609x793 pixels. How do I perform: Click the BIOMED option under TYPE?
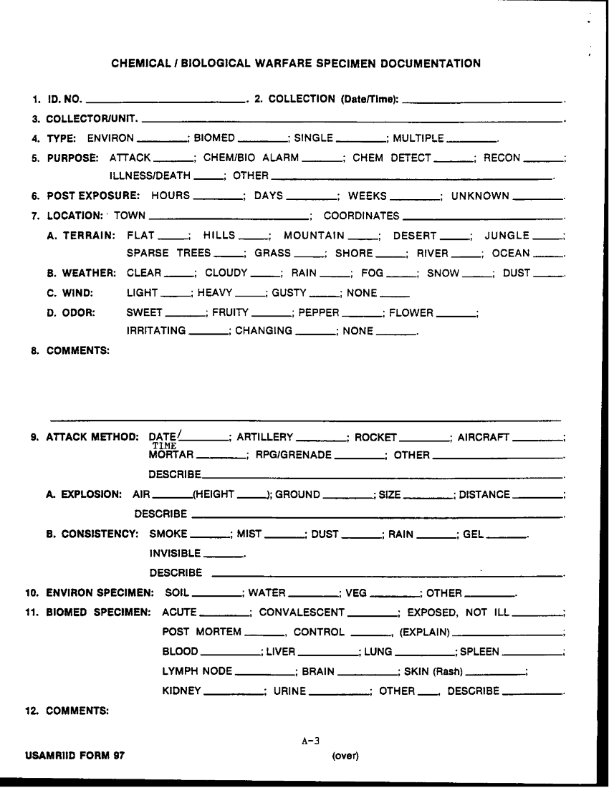[x=214, y=138]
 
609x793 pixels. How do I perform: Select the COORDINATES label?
[x=361, y=216]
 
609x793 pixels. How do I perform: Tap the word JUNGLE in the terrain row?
[x=507, y=235]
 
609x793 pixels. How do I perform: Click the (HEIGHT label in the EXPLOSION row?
[x=214, y=494]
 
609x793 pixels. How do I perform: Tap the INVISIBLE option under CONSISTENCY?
[x=175, y=554]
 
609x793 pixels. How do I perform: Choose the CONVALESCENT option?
[x=302, y=613]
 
